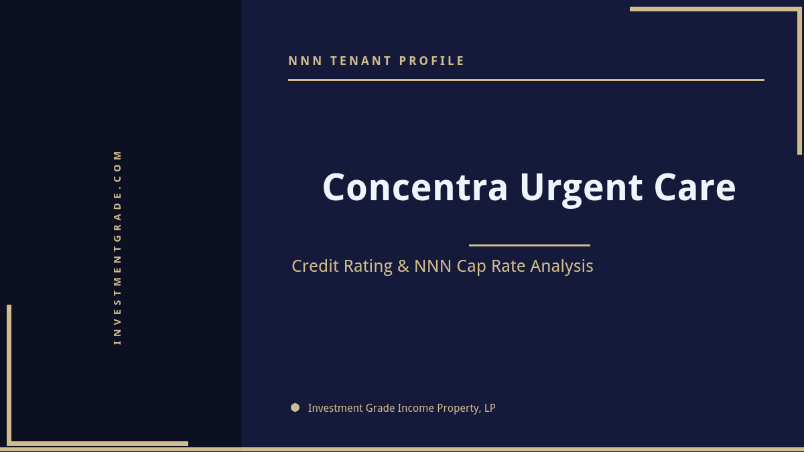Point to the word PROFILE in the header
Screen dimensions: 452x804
(432, 61)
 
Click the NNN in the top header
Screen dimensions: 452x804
(306, 61)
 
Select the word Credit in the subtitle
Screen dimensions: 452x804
(317, 267)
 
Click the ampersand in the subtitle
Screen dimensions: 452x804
(403, 267)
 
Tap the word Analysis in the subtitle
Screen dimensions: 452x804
(561, 267)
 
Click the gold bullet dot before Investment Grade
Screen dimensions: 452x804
(295, 407)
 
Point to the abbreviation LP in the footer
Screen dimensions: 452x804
(489, 408)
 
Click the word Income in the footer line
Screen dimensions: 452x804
(415, 408)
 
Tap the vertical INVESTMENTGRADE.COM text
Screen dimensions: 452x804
(118, 247)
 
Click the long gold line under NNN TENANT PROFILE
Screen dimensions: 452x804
(526, 80)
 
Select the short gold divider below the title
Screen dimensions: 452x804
(529, 245)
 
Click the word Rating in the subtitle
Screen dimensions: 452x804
(368, 267)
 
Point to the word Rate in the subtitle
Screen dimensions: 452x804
(509, 267)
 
